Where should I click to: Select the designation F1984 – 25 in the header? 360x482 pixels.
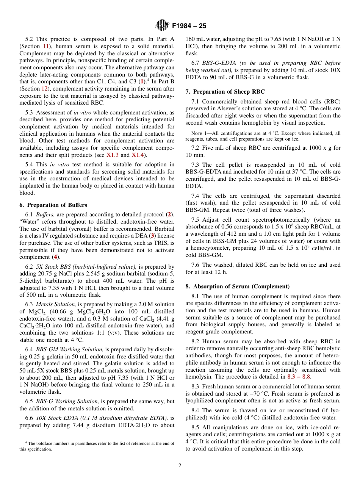coord(189,26)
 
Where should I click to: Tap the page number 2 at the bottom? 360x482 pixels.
coord(180,466)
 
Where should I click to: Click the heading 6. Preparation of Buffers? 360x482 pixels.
coord(53,205)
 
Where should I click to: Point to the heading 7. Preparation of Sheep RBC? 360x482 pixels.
coord(225,91)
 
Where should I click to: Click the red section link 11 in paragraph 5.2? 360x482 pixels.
coord(45,46)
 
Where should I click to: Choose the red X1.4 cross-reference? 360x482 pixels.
coord(138,155)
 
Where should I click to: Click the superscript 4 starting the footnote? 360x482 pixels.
coord(26,442)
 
